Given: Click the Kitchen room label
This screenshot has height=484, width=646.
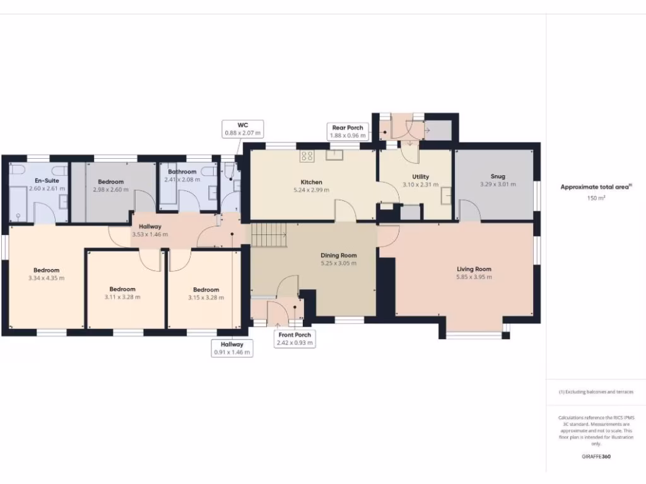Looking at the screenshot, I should click(312, 182).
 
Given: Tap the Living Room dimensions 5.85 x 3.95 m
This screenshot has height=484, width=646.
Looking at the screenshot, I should click(474, 277).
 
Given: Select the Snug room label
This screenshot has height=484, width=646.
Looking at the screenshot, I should click(498, 176).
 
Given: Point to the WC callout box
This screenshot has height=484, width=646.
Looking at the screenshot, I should click(243, 129).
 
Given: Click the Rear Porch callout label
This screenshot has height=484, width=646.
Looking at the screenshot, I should click(348, 131).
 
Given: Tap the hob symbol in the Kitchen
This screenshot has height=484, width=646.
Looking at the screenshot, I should click(307, 155).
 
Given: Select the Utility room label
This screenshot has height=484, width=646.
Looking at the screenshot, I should click(421, 176).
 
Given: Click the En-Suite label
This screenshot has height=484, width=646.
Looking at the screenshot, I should click(47, 181).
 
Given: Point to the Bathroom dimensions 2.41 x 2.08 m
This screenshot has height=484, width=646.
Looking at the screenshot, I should click(182, 180).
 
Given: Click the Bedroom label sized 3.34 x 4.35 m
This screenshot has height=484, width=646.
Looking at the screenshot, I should click(47, 270).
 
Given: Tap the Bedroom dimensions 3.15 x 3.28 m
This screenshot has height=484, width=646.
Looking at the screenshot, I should click(206, 297).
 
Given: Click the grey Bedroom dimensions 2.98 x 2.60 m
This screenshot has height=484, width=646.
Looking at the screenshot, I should click(111, 190).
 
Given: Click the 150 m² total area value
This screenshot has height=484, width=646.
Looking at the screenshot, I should click(596, 199).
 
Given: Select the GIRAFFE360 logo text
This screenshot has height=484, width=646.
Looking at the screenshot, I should click(596, 456).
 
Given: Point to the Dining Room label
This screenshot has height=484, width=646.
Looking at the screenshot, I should click(339, 255).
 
